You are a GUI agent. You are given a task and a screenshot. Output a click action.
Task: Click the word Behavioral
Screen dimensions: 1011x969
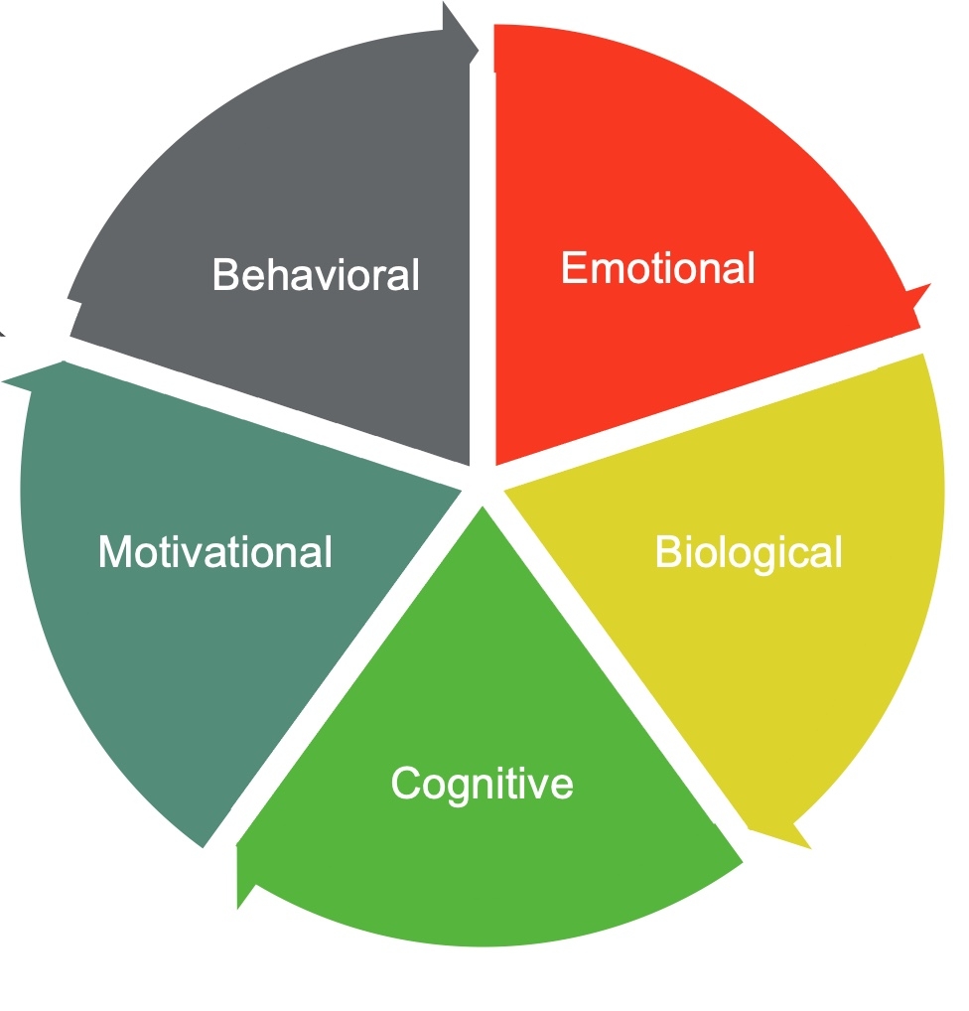tap(316, 274)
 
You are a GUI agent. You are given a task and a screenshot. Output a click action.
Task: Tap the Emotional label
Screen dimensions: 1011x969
tap(657, 268)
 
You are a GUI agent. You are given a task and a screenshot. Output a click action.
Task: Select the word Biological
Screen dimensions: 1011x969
tap(749, 552)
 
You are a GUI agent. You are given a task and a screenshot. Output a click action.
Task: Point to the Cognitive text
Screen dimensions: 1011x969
tap(482, 783)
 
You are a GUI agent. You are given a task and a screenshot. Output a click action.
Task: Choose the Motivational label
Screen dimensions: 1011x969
tap(214, 551)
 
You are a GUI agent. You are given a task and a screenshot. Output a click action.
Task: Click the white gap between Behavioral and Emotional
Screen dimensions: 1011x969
tap(482, 248)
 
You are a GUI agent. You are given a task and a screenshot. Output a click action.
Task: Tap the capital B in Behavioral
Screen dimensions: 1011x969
tap(225, 275)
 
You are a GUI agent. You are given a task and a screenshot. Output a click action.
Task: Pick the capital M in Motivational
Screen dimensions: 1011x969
tap(113, 552)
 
